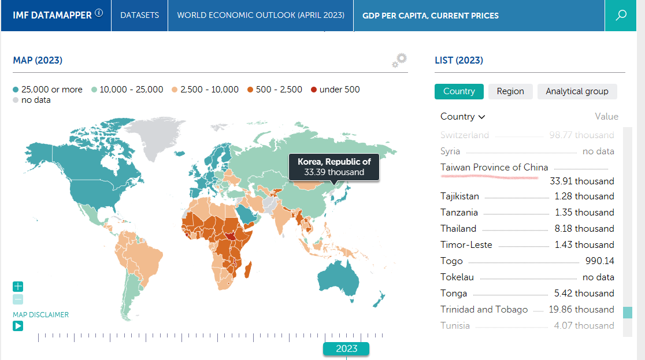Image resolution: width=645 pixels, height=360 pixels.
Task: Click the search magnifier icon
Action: tap(621, 15)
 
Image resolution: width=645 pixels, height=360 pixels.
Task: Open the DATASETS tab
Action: tap(139, 15)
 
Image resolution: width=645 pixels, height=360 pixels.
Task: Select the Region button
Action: tap(510, 91)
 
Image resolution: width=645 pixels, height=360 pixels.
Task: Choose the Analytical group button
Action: tap(577, 91)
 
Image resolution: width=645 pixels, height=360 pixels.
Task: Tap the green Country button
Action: tap(459, 91)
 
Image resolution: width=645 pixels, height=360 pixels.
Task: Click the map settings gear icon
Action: tap(399, 61)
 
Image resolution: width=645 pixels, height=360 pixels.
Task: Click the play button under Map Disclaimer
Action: tap(18, 326)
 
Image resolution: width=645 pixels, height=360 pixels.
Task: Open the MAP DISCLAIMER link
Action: tap(40, 315)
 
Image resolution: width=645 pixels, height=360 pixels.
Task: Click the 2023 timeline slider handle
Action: tap(346, 348)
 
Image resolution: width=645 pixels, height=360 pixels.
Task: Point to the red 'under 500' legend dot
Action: tap(314, 90)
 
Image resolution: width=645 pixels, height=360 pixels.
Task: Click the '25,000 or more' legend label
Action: tap(52, 90)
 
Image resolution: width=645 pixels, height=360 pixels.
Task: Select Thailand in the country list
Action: tap(458, 228)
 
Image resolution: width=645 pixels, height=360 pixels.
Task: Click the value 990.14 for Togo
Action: tap(600, 261)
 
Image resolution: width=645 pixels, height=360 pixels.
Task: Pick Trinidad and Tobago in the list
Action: tap(484, 309)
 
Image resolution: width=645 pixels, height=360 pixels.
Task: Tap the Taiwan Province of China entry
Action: tap(494, 168)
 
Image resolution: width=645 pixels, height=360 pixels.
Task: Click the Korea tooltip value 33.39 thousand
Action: tap(334, 172)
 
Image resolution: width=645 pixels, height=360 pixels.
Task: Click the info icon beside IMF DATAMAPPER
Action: tap(99, 13)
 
